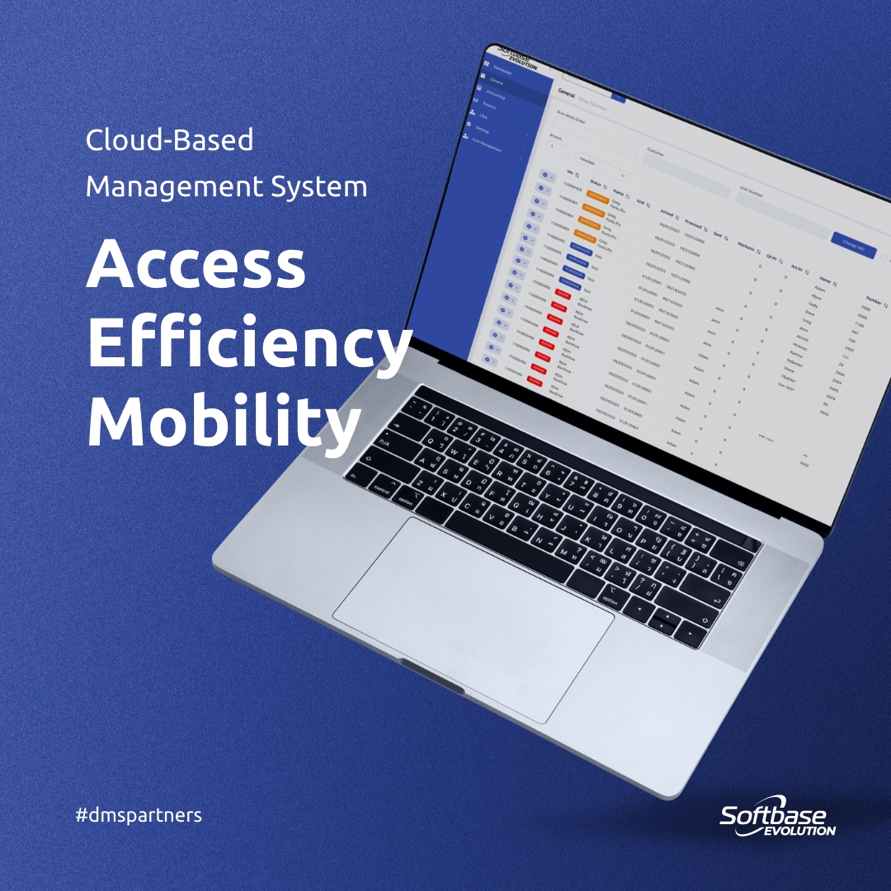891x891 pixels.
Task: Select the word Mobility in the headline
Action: click(x=223, y=422)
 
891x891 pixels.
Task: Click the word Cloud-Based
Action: click(x=169, y=140)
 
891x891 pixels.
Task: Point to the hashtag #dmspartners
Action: click(x=138, y=815)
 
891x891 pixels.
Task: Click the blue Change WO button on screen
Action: click(x=853, y=246)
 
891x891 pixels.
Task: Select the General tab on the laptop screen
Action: click(x=566, y=93)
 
